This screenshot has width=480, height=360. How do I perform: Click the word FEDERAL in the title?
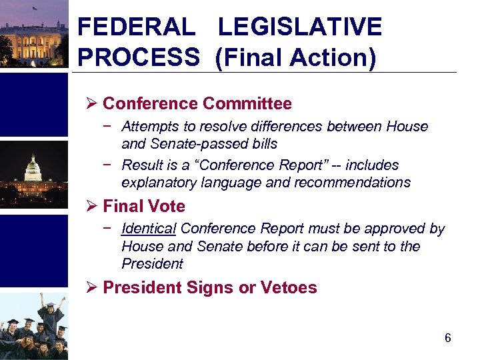click(136, 27)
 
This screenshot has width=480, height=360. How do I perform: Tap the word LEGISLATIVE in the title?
click(300, 27)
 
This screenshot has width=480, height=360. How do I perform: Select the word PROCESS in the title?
click(138, 57)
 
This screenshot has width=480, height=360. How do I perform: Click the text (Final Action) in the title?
click(295, 57)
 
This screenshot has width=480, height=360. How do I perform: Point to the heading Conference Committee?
click(197, 104)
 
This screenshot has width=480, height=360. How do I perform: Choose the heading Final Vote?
click(144, 207)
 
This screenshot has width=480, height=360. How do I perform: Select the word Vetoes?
click(291, 288)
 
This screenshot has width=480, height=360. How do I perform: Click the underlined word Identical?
click(149, 229)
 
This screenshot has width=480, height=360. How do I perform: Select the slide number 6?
click(448, 338)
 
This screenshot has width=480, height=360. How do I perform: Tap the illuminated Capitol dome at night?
click(33, 170)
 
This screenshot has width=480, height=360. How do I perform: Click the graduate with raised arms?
click(51, 313)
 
